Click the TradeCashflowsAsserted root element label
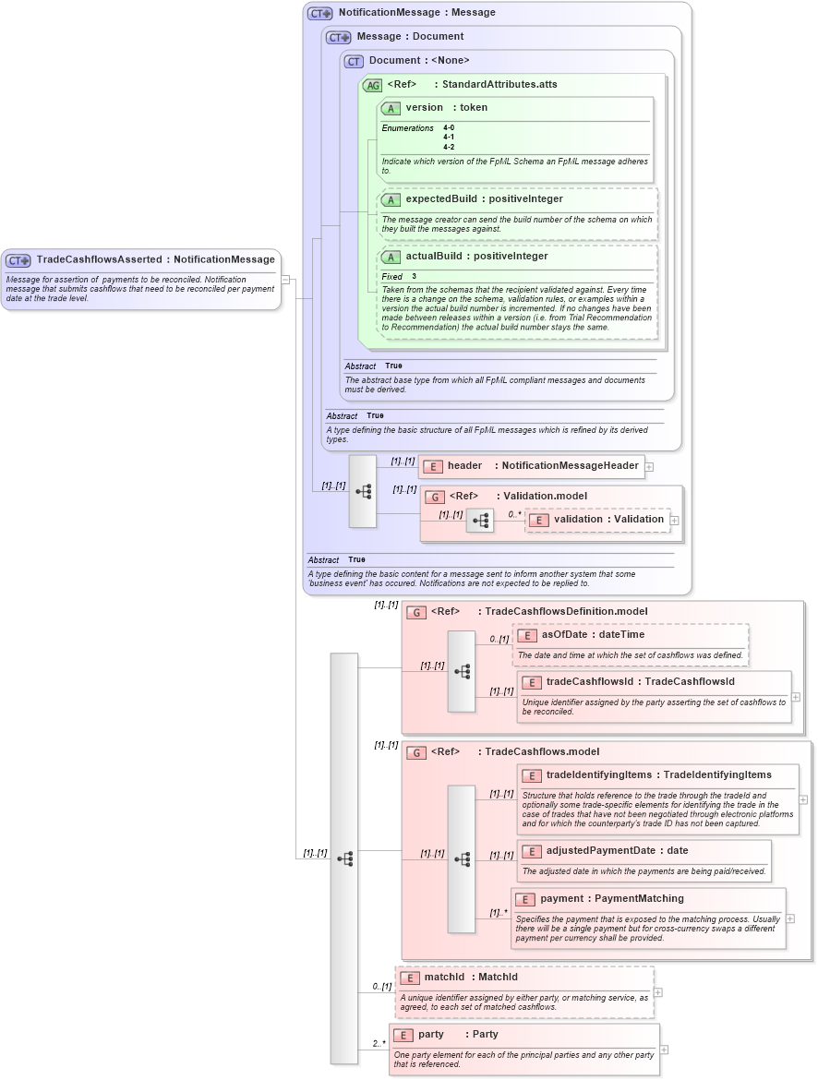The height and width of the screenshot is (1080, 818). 155,260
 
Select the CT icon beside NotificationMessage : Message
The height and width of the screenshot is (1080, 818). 319,14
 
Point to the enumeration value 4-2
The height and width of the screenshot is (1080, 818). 449,147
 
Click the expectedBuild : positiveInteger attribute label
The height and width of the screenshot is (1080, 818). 484,199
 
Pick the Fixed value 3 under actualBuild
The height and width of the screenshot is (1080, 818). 414,277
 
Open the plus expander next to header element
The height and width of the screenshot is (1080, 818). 649,467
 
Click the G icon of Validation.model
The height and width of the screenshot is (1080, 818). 435,497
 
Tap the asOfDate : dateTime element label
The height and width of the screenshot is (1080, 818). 593,635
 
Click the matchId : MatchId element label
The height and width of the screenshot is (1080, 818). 471,978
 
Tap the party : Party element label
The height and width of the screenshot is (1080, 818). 458,1035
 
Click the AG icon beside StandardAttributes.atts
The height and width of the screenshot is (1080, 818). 372,85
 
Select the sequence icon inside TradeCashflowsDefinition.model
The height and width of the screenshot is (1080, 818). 462,671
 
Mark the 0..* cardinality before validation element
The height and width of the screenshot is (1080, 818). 514,514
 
